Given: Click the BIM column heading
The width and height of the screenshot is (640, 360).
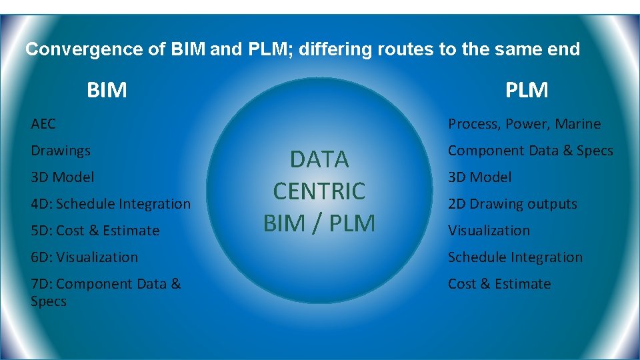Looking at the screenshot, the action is click(x=107, y=89).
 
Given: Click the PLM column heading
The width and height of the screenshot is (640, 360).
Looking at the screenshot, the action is click(x=527, y=89).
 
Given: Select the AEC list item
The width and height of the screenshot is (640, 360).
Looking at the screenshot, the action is click(x=43, y=124).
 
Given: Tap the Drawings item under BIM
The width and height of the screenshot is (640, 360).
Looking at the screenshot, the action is click(x=61, y=151).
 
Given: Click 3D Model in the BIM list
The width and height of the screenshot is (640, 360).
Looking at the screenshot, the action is click(x=63, y=177).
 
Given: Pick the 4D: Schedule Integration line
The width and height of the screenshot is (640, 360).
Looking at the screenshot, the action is click(x=111, y=204).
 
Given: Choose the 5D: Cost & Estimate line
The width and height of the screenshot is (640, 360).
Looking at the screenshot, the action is click(x=95, y=231).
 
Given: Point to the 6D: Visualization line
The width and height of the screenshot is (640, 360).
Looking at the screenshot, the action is click(x=85, y=257).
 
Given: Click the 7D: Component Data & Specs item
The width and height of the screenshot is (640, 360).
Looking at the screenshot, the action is click(x=105, y=292).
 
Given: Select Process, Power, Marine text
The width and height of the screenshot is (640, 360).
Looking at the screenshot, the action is click(x=524, y=124).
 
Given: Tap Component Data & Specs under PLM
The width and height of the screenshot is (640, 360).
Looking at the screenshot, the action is click(x=530, y=151).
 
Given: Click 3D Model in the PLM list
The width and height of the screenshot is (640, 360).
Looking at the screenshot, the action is click(x=480, y=177).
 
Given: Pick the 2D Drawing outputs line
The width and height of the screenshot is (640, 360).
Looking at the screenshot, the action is click(x=513, y=204).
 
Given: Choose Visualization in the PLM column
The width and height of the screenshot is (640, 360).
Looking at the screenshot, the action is click(x=489, y=231).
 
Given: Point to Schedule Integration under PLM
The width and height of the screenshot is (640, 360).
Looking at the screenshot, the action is click(x=515, y=257).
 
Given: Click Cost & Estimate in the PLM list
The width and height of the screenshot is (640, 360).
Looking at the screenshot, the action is click(x=499, y=284).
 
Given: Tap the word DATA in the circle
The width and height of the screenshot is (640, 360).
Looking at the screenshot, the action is click(x=319, y=159).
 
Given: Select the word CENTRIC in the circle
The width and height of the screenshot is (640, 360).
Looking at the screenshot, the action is click(x=319, y=191).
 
